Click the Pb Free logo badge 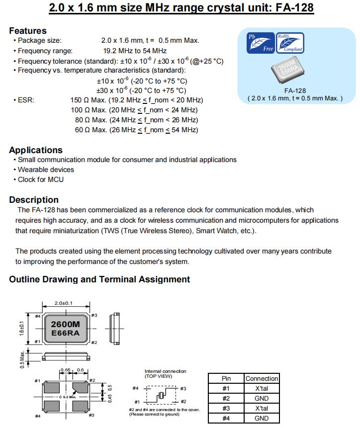(x=261, y=43)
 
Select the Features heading (x=28, y=31)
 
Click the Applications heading (x=36, y=150)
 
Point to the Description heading (x=34, y=200)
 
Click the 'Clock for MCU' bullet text (x=41, y=179)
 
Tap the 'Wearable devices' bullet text (x=46, y=170)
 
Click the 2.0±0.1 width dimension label (x=64, y=303)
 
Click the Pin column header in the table (x=226, y=378)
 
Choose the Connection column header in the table (x=262, y=378)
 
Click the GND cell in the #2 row (x=262, y=398)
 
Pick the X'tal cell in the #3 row (x=262, y=408)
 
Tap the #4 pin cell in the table (x=226, y=419)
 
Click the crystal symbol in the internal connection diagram (x=161, y=395)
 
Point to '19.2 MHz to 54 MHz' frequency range (x=135, y=51)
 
